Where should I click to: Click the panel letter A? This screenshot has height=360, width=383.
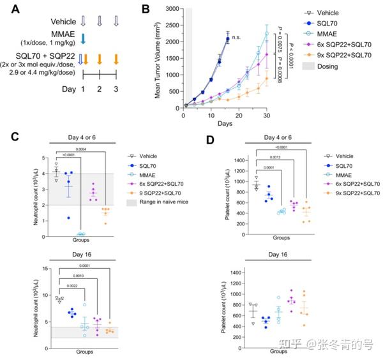[12, 8]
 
